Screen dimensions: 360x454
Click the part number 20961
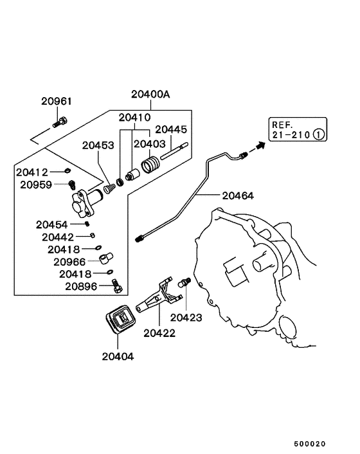click(57, 102)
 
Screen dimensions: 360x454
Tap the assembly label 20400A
click(150, 95)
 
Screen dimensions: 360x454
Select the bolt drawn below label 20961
click(60, 122)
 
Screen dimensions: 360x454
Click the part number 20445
click(171, 129)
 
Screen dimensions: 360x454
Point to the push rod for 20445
click(174, 151)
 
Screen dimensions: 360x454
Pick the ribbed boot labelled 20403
click(150, 165)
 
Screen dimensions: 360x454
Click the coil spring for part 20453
click(109, 188)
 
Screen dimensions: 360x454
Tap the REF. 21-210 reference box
click(298, 129)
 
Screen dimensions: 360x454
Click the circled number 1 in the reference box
click(319, 134)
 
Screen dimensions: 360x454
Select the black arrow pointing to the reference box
click(257, 148)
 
